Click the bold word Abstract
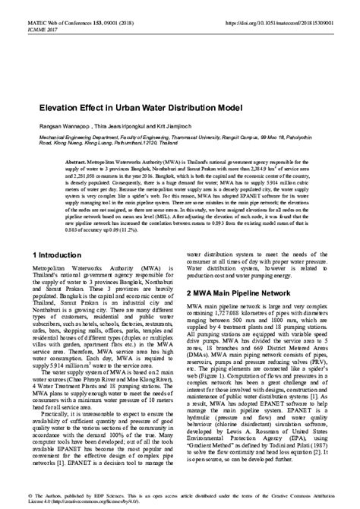click(x=77, y=163)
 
